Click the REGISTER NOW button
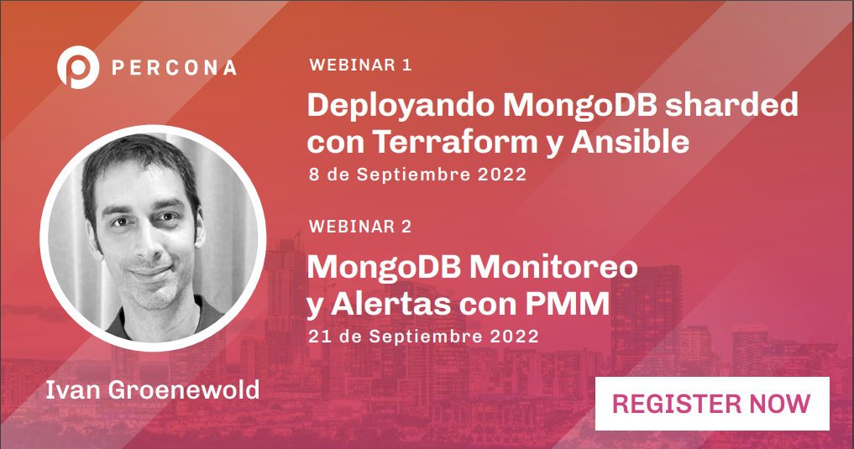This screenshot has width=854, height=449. [x=711, y=404]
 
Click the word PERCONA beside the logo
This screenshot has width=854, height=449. [x=174, y=68]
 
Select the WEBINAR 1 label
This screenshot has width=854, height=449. [x=360, y=65]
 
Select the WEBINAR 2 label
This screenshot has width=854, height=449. [x=360, y=227]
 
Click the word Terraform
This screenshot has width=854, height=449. [x=454, y=143]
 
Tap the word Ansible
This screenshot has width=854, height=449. [x=630, y=142]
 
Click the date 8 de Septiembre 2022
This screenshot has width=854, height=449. [x=417, y=175]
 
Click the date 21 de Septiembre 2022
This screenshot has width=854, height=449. [x=422, y=336]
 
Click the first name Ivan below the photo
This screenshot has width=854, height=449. [x=67, y=390]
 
